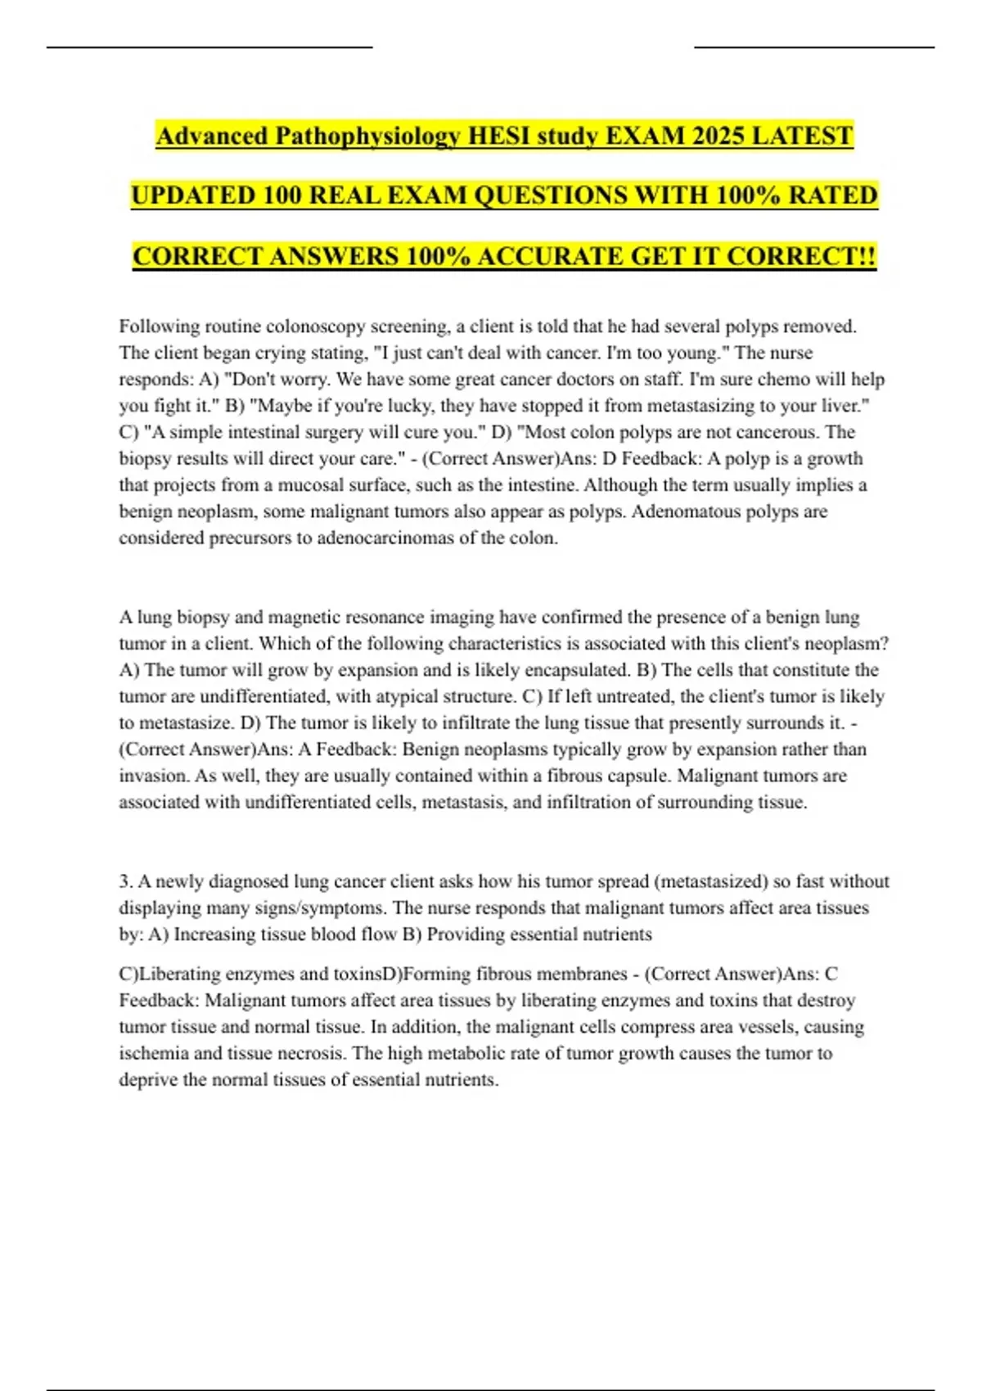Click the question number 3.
[x=125, y=881]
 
